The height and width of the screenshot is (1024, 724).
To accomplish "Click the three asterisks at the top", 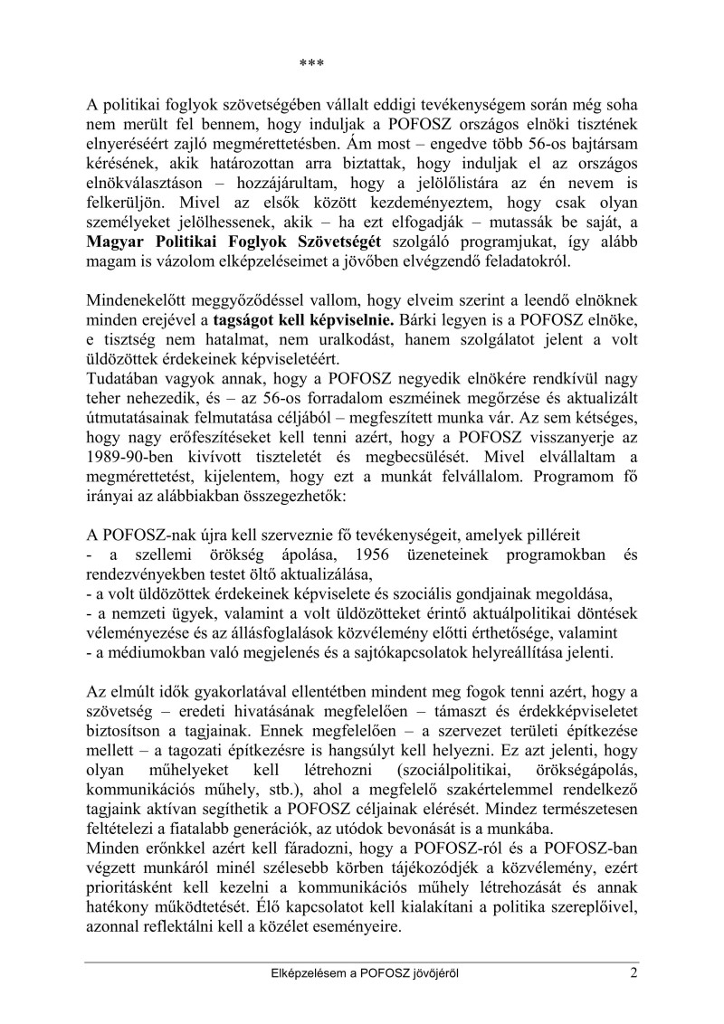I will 311,63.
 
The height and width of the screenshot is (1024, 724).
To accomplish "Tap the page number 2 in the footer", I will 635,974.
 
